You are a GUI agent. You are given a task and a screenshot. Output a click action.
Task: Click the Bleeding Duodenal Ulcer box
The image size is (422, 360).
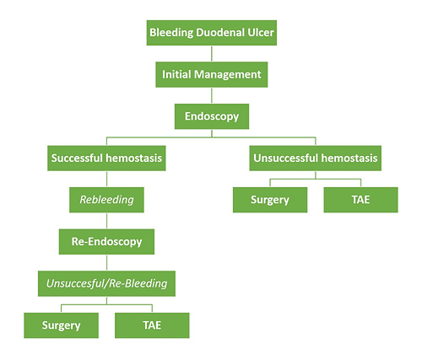[211, 35]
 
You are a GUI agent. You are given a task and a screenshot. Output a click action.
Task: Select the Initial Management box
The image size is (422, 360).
[211, 74]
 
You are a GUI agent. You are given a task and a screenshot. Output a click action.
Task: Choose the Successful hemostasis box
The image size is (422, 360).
[106, 157]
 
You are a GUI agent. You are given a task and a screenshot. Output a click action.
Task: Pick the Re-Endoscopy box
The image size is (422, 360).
[106, 241]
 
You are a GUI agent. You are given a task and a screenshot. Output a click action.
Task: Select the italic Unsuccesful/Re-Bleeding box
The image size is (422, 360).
[106, 283]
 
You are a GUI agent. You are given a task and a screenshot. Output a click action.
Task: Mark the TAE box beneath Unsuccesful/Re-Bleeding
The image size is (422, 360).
[152, 325]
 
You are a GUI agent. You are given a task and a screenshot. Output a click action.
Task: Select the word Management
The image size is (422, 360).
[228, 74]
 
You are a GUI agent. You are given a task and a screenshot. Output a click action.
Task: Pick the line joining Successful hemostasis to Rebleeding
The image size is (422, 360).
[106, 178]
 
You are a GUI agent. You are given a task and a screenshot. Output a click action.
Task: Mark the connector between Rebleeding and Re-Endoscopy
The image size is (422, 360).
[106, 220]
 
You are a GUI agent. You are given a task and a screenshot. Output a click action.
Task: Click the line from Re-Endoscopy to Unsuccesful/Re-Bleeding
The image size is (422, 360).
[106, 262]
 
